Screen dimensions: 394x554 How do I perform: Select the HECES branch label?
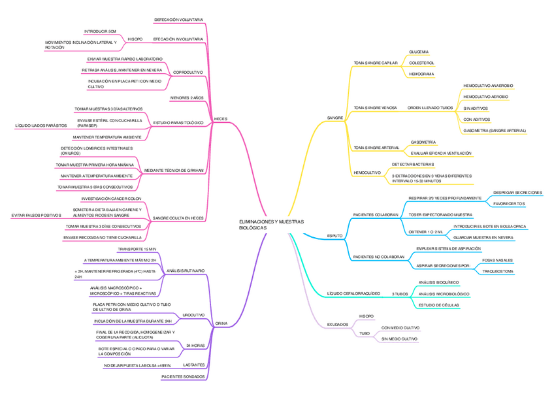point(221,120)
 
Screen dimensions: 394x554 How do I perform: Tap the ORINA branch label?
point(221,323)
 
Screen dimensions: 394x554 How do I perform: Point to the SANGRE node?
point(335,118)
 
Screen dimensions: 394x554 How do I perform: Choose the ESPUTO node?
point(334,235)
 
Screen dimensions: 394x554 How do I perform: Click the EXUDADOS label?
point(337,324)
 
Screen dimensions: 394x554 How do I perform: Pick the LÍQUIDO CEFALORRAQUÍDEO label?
point(353,293)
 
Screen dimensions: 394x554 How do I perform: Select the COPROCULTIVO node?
point(188,72)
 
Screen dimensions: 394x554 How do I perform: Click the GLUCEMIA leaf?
point(419,52)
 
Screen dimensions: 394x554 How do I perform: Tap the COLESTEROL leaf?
point(421,63)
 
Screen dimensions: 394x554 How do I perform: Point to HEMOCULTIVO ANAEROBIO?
point(488,86)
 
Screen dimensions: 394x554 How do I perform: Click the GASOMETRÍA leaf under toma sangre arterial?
point(423,142)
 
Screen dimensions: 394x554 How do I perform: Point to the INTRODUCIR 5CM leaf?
point(100,31)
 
